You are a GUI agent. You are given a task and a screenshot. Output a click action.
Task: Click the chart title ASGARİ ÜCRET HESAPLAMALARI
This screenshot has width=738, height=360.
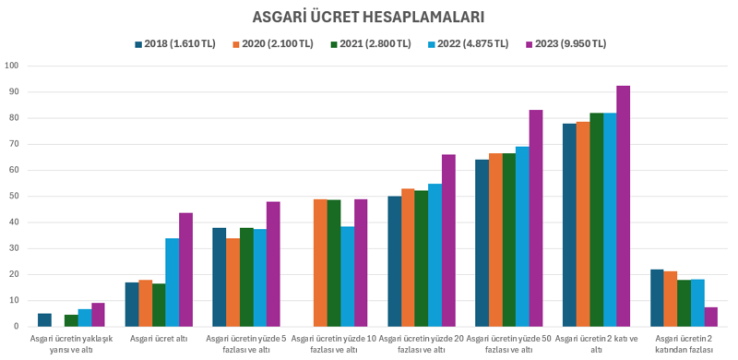point(369,17)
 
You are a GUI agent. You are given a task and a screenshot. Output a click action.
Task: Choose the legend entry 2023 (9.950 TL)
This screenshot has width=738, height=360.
point(571,43)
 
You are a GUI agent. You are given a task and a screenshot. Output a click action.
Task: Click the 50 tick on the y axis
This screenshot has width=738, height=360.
point(13,196)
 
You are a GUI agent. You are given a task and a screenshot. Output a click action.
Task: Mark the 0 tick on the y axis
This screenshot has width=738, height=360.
point(16,326)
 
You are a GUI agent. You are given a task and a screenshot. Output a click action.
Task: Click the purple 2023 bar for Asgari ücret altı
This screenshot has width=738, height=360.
point(185,270)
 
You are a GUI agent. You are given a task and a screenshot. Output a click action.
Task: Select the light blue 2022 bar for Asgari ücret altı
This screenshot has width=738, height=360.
point(173,282)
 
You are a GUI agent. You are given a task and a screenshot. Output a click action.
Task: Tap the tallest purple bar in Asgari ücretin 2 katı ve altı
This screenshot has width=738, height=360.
point(623,206)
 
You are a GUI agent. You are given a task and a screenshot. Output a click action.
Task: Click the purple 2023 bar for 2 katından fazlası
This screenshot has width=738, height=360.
point(710,317)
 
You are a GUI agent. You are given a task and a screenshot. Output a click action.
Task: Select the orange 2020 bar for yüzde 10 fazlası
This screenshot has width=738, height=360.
point(320,262)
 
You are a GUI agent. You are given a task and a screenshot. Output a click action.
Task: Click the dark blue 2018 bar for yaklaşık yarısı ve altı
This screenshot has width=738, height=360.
point(44,319)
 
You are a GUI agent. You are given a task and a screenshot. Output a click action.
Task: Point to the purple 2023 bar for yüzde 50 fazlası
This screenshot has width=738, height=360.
point(535,218)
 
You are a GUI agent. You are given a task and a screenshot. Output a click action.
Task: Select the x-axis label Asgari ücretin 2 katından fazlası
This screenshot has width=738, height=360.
point(684,343)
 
